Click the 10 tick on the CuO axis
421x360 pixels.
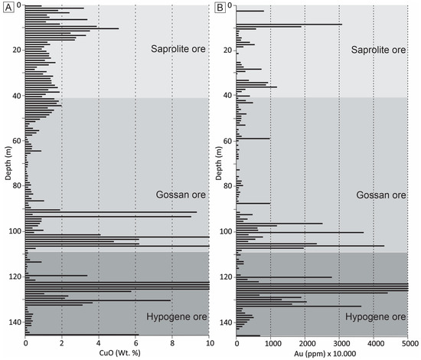click(x=208, y=343)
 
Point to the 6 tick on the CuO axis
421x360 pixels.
click(x=135, y=343)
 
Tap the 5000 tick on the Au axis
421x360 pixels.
click(x=407, y=343)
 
